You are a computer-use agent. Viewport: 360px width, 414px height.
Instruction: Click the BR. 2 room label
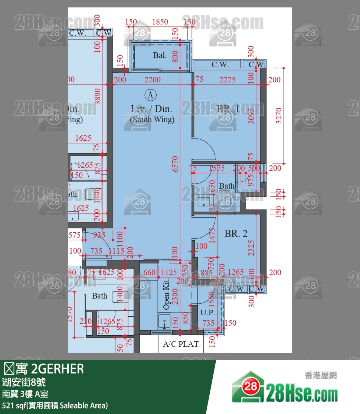point(236,234)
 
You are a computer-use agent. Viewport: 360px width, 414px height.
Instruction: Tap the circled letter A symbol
point(150,95)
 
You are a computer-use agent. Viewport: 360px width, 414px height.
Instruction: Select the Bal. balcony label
point(160,55)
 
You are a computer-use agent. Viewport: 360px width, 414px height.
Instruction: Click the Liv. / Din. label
point(151,109)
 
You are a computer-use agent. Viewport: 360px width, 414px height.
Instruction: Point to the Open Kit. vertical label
point(166,294)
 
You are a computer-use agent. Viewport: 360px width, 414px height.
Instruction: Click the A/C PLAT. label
point(181,344)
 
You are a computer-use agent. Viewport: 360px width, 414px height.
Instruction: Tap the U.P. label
point(207,313)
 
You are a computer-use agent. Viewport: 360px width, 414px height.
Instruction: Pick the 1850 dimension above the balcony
point(160,22)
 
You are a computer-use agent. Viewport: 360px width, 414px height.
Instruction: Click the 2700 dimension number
point(153,79)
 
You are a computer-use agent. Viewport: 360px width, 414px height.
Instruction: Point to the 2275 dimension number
point(227,79)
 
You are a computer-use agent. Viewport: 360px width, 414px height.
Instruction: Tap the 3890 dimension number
point(98,95)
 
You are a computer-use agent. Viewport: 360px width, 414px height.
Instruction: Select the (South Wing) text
point(152,120)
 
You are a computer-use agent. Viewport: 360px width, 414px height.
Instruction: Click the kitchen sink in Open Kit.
point(164,321)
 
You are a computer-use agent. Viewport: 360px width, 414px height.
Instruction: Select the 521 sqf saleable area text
point(55,405)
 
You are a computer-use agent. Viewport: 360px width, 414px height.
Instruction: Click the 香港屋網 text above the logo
point(320,375)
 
